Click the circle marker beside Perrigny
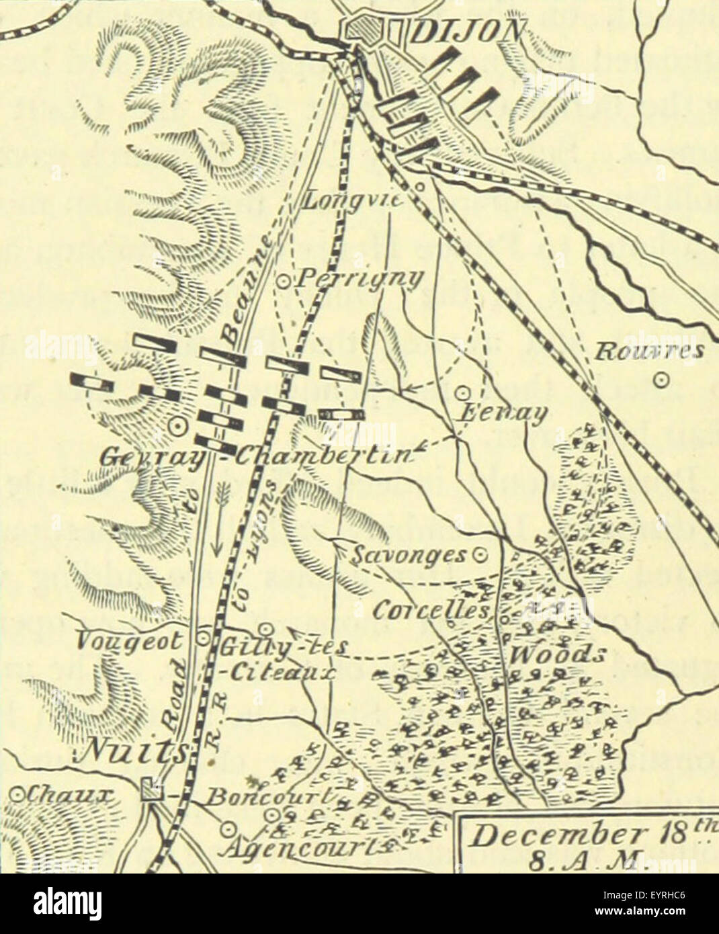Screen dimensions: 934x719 click(x=283, y=282)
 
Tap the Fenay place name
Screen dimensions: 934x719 click(x=499, y=413)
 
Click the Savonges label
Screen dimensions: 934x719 click(x=409, y=555)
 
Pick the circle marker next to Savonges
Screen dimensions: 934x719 click(x=480, y=556)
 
